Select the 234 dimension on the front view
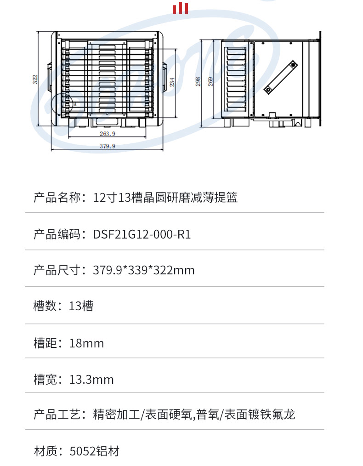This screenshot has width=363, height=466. (172, 82)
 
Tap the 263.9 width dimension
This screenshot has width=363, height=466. (107, 134)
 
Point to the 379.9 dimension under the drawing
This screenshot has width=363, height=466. (108, 146)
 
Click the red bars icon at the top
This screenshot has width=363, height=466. (180, 8)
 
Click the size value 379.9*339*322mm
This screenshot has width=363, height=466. (143, 270)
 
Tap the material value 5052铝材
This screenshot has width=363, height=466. (94, 451)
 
